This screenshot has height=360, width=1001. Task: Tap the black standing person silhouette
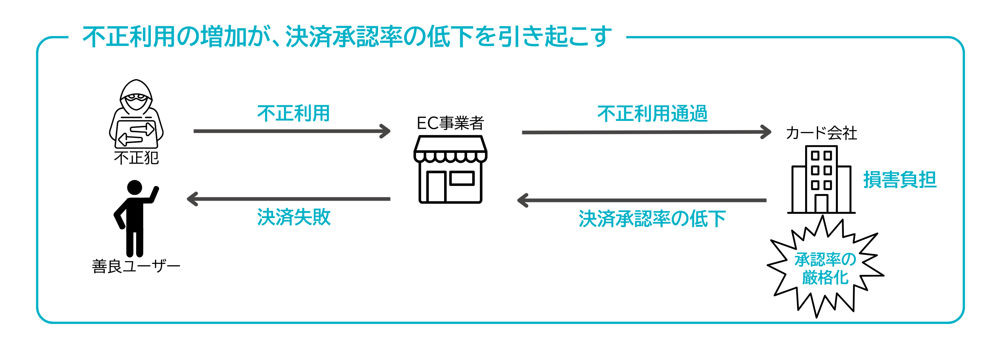coord(134,218)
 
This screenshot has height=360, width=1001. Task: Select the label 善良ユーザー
coord(136,266)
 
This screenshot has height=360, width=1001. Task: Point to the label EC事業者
coord(450,123)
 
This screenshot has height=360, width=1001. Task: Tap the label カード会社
coord(821,133)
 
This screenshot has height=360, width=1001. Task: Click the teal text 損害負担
coord(900,180)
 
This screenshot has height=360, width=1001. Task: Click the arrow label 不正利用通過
coord(652,114)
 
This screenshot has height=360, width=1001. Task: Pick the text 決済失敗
coord(293,217)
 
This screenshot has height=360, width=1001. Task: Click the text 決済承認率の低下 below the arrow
coord(652,218)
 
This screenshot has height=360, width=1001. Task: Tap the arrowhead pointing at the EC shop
coord(386,131)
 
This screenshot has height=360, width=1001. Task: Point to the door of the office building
coord(821,203)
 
